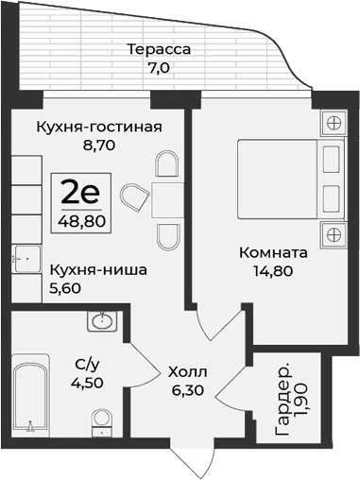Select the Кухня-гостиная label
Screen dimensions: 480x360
(x=98, y=128)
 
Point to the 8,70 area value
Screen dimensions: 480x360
(x=99, y=147)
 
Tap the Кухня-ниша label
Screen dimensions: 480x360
(x=98, y=269)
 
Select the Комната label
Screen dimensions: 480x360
(x=273, y=253)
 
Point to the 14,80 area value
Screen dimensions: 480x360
(x=273, y=273)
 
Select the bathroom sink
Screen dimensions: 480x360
(x=102, y=323)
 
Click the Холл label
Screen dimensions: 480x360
(x=188, y=371)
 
